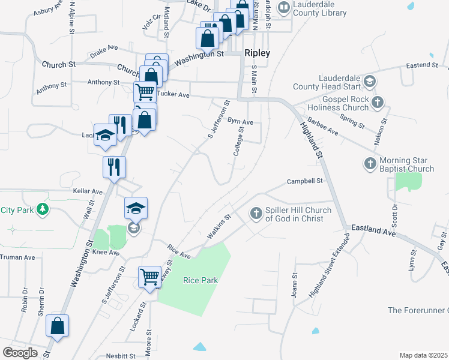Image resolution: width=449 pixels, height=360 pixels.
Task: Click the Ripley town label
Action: [257, 53]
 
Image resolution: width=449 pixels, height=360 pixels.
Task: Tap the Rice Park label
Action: [200, 280]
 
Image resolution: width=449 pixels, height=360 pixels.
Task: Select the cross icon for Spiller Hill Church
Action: [256, 213]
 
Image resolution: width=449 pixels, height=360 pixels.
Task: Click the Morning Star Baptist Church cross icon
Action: [370, 163]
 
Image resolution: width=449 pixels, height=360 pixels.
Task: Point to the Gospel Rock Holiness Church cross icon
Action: [377, 101]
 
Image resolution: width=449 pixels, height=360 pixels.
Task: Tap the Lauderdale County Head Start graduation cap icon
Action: [370, 81]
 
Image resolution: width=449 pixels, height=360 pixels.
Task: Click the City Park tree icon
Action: [42, 209]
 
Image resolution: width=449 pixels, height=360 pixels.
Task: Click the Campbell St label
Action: [305, 181]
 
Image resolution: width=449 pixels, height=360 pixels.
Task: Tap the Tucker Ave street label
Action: [173, 95]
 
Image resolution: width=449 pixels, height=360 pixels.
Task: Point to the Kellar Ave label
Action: [88, 191]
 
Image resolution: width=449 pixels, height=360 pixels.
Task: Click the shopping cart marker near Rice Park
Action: [150, 277]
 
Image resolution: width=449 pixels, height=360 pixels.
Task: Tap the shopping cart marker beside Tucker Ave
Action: [145, 93]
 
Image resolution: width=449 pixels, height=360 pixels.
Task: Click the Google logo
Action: [20, 353]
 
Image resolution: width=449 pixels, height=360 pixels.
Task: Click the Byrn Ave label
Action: [240, 122]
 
